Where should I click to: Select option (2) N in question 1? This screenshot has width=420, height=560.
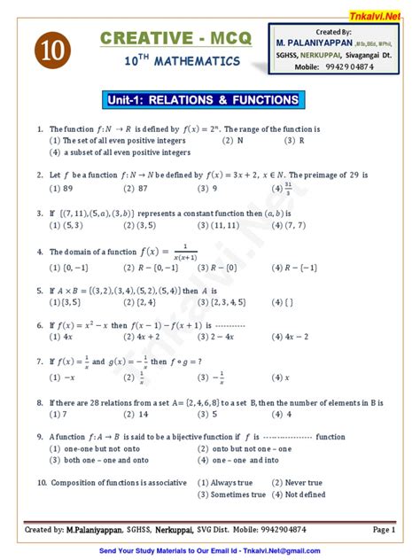233,140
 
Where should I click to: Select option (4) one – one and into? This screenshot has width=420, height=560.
238,460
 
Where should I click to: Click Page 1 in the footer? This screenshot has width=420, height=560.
383,529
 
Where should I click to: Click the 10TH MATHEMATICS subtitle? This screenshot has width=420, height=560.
182,62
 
